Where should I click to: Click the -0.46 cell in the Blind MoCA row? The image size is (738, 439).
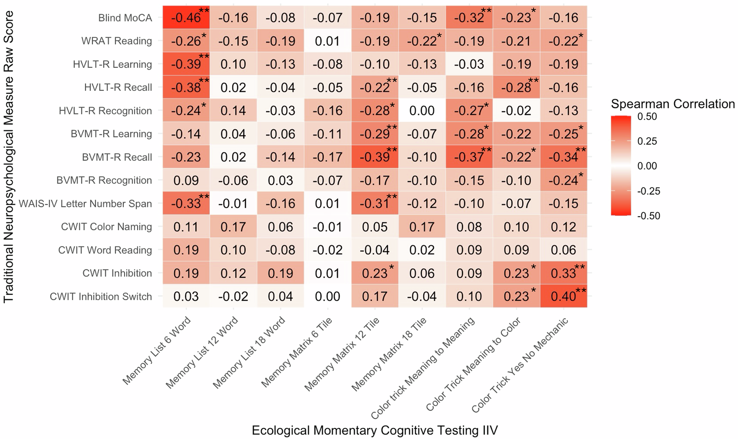point(186,17)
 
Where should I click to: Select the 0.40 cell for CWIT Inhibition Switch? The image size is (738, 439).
point(563,296)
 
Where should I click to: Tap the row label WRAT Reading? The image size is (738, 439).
point(117,41)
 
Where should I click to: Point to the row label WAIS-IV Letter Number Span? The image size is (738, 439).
point(85,204)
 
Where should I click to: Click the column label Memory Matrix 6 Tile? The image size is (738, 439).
point(297,352)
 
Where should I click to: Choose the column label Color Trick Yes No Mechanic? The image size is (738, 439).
point(520,365)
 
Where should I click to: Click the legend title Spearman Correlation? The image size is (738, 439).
point(673,104)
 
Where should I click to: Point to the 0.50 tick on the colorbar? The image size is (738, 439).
point(647,117)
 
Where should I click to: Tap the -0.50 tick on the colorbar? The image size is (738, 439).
point(648,216)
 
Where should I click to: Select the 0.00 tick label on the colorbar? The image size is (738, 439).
point(647,166)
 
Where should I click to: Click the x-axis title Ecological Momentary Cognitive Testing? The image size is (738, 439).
point(375,430)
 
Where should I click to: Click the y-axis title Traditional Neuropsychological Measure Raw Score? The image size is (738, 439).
point(8,157)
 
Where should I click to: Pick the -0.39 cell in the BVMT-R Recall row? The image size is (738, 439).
point(375,157)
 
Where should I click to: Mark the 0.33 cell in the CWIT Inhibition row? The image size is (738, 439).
point(563,273)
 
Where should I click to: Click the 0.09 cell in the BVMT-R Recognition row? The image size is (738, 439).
point(186,180)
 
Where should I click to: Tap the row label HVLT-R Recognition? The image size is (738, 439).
point(105,111)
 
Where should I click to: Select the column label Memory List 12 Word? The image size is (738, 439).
point(202,352)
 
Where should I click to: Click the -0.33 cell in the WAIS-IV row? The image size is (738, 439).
point(186,204)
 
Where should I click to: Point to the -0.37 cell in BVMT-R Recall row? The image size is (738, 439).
point(469,157)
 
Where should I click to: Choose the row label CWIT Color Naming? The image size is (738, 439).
point(106,227)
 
